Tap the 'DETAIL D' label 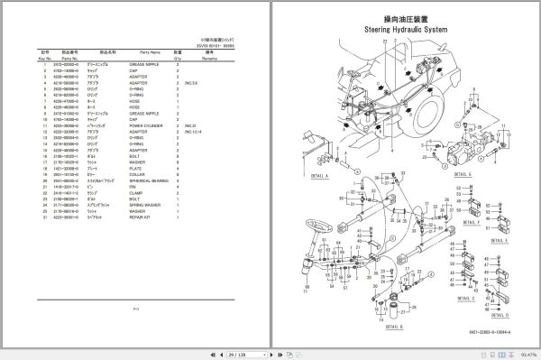499,315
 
